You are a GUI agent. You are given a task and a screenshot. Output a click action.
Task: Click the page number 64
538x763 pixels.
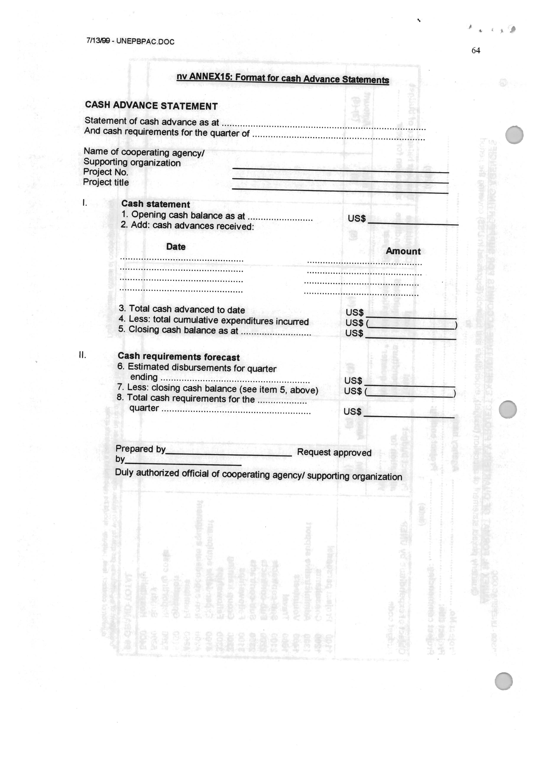click(476, 51)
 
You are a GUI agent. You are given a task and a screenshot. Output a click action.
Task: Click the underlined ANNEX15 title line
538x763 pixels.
click(283, 79)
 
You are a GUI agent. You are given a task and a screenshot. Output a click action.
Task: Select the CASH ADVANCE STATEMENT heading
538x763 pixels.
click(151, 106)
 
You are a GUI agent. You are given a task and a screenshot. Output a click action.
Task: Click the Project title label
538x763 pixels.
click(106, 182)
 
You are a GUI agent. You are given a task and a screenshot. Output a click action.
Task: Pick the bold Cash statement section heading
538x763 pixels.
click(156, 204)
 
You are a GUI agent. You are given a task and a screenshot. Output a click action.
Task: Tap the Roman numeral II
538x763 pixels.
click(82, 355)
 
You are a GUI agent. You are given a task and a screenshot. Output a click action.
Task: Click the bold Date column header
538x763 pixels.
click(176, 247)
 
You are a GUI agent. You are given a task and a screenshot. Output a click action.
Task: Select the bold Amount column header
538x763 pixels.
click(403, 251)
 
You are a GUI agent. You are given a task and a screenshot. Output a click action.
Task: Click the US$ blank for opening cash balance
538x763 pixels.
click(413, 222)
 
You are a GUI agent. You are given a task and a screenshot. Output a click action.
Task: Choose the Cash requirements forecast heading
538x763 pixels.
click(179, 357)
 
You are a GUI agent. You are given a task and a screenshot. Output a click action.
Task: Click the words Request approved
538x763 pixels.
click(334, 452)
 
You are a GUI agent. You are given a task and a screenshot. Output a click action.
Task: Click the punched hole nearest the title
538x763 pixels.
click(514, 135)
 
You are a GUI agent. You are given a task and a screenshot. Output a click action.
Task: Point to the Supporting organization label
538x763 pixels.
click(132, 163)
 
